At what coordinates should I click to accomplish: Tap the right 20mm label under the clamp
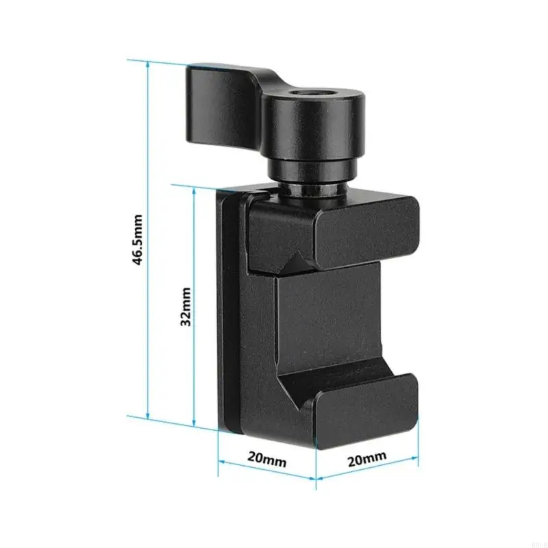pos(367,458)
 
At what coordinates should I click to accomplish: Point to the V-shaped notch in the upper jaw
pos(297,262)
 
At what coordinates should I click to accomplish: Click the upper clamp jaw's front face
pos(366,232)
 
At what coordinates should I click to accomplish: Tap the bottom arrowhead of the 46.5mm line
pos(148,416)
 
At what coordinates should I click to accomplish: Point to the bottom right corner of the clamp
pos(415,435)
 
